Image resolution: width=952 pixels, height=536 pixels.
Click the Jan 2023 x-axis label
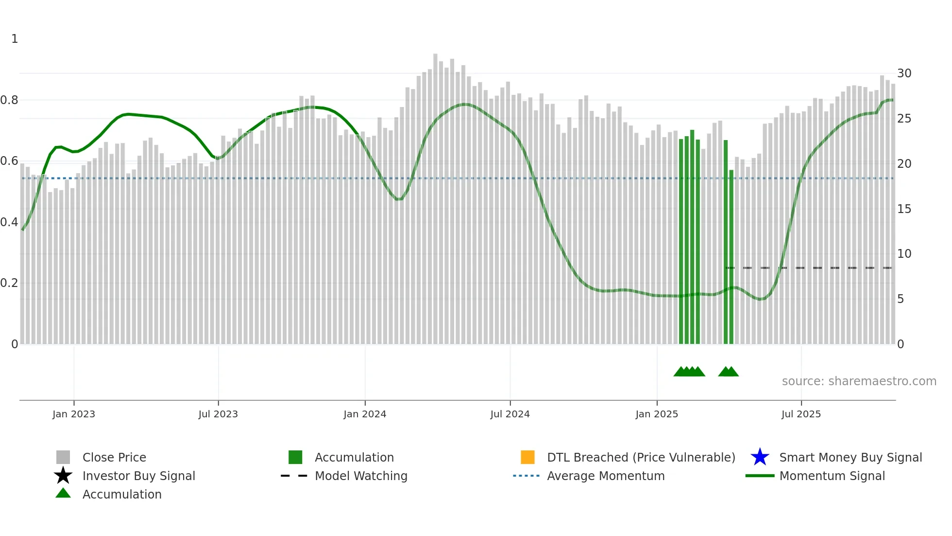coord(74,414)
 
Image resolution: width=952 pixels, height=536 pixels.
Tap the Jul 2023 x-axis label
coord(218,414)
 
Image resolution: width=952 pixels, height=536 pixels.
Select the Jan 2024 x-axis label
coord(365,414)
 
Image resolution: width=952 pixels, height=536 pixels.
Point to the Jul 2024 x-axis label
coord(510,414)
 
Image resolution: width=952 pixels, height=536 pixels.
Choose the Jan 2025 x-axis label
coord(657,414)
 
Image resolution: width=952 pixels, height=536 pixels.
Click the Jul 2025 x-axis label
coord(801,414)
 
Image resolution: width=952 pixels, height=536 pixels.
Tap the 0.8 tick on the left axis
coord(9,100)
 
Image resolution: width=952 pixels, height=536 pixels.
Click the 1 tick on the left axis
coord(15,39)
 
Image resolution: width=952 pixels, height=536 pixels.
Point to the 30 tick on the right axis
coord(904,73)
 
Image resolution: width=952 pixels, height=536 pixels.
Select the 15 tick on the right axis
coord(904,209)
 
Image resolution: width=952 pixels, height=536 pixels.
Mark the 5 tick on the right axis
coord(901,299)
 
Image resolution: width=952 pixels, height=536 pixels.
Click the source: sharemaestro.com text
coord(859,381)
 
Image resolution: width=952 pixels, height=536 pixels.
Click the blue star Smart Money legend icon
coord(760,457)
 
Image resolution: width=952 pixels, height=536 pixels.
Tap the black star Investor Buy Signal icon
coord(63,476)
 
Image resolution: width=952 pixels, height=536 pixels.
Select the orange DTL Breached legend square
coord(527,457)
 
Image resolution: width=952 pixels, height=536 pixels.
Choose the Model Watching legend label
coord(361,476)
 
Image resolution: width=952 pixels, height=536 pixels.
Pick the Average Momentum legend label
coord(606,476)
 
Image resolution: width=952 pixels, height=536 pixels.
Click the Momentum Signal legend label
coord(832,476)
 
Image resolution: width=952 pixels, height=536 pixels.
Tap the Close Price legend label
coord(114,457)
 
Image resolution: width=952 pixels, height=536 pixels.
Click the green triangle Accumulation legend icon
coord(63,493)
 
